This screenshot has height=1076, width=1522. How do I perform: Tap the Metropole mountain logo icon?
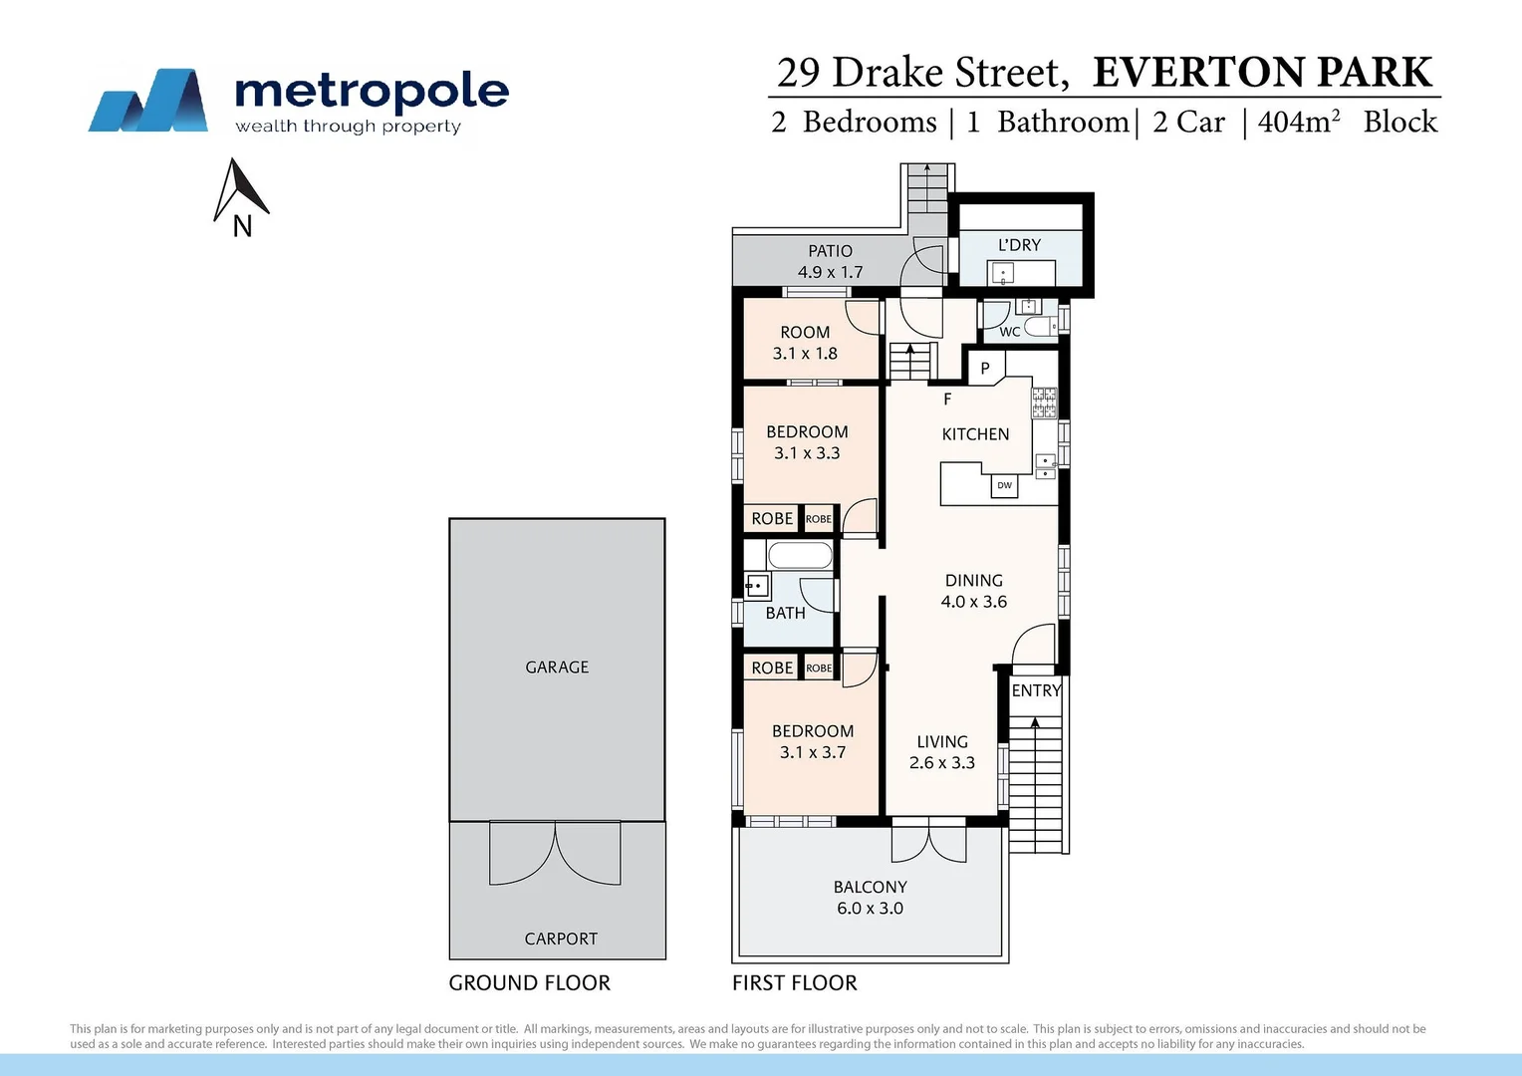click(x=148, y=101)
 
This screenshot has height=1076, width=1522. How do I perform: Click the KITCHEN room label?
click(x=975, y=434)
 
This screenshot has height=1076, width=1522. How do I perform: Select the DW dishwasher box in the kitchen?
click(x=1004, y=486)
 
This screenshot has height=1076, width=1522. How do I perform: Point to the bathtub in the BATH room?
click(x=800, y=556)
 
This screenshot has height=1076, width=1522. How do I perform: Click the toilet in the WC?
click(x=1039, y=327)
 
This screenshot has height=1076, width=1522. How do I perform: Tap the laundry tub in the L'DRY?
click(x=1001, y=272)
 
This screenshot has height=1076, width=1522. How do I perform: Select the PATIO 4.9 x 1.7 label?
click(x=830, y=262)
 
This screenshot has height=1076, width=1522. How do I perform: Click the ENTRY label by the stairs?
click(x=1036, y=690)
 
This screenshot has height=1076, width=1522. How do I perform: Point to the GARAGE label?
click(x=557, y=668)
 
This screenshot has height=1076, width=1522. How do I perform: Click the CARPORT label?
click(x=561, y=939)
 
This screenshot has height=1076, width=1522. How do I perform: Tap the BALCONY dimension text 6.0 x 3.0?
click(x=870, y=909)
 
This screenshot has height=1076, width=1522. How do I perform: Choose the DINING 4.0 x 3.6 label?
click(x=973, y=591)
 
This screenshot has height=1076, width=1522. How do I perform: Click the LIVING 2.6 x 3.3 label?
click(x=941, y=752)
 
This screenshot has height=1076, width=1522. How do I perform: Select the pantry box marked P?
click(x=985, y=368)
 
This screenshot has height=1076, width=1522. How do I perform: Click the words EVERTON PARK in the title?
click(x=1262, y=73)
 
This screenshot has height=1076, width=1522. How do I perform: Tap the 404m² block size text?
click(x=1298, y=122)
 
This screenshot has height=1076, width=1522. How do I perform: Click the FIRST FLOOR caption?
click(x=794, y=983)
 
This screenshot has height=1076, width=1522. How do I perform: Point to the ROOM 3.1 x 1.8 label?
click(x=805, y=343)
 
